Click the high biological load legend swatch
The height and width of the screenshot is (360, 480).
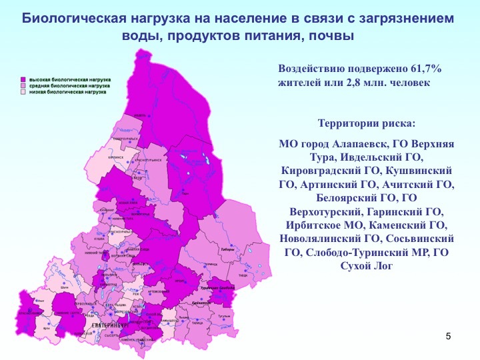point(22,79)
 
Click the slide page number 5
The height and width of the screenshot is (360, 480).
point(448,335)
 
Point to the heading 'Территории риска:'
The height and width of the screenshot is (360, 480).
point(366,124)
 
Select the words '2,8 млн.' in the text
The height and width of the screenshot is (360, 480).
point(368,83)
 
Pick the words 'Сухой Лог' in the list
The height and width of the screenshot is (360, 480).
point(366,266)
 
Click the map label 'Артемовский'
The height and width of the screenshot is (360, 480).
point(158,291)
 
